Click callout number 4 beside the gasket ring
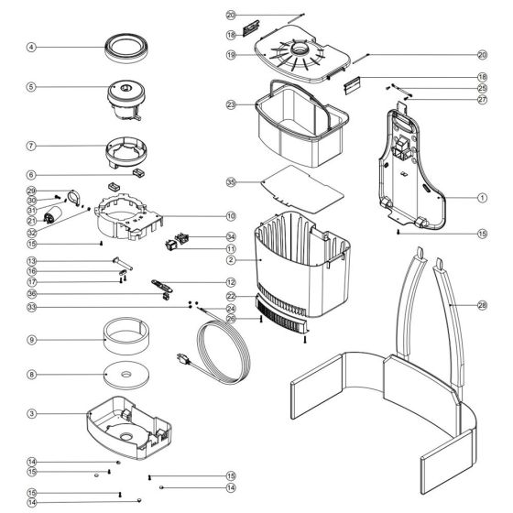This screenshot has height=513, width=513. [31, 47]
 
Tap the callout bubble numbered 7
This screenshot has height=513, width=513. [31, 146]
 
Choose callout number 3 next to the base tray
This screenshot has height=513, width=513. [31, 414]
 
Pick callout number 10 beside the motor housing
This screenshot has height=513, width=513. [231, 216]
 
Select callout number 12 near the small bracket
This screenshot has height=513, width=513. [231, 282]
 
